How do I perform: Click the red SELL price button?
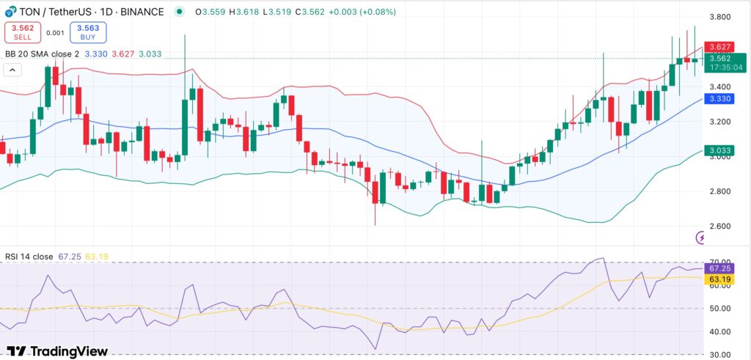pos(23,32)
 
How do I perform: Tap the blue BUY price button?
pos(88,32)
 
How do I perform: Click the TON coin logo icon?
pos(10,10)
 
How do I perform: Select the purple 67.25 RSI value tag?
pos(719,268)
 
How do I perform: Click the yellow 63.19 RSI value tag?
pos(719,279)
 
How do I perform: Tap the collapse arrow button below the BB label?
pos(12,70)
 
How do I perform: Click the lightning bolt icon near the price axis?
pos(702,238)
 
